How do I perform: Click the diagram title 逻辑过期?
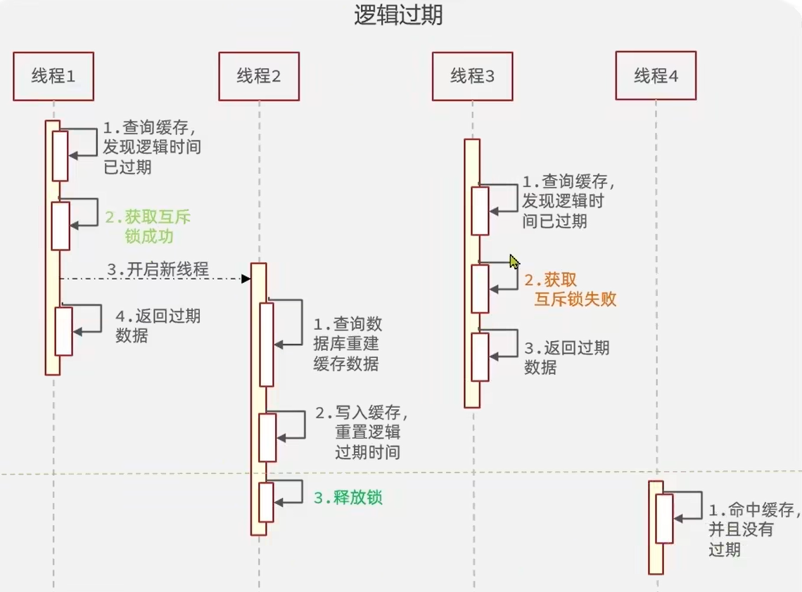[x=398, y=15]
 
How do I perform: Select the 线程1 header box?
[x=53, y=76]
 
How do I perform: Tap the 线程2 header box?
[x=259, y=76]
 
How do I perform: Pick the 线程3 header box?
[x=473, y=76]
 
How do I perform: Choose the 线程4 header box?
[x=656, y=75]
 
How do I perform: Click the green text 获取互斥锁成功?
[x=148, y=226]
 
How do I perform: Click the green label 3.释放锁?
[x=348, y=498]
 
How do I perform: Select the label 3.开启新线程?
[x=158, y=269]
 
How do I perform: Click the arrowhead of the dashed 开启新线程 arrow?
[x=246, y=279]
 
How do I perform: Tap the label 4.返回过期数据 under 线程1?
[x=158, y=326]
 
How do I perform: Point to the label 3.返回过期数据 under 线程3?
[x=566, y=357]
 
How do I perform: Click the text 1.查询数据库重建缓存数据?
[x=348, y=344]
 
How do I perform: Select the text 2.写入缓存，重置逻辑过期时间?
[x=360, y=432]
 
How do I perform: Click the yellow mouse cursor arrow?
[x=514, y=262]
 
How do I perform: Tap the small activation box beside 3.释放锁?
[x=266, y=502]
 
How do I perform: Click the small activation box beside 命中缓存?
[x=664, y=519]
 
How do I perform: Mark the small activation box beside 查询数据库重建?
[x=266, y=345]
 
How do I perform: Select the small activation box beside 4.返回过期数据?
[x=64, y=331]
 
